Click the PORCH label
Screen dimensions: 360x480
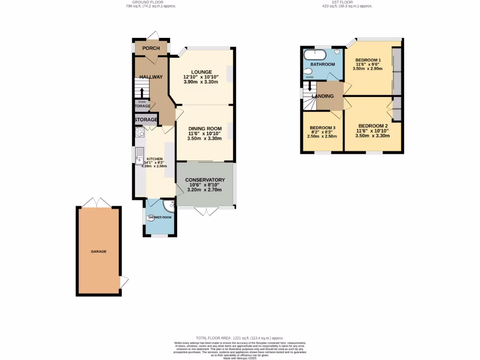point(151,48)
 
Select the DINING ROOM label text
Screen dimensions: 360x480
point(205,128)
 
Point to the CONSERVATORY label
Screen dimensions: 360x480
point(205,180)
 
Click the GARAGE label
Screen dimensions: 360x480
point(98,252)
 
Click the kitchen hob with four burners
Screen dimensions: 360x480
point(140,132)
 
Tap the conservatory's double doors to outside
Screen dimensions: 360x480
point(205,211)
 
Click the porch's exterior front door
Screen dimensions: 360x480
point(153,36)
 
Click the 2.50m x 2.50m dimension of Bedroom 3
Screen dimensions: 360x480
point(322,136)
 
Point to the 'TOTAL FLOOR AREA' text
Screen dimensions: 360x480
point(240,338)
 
